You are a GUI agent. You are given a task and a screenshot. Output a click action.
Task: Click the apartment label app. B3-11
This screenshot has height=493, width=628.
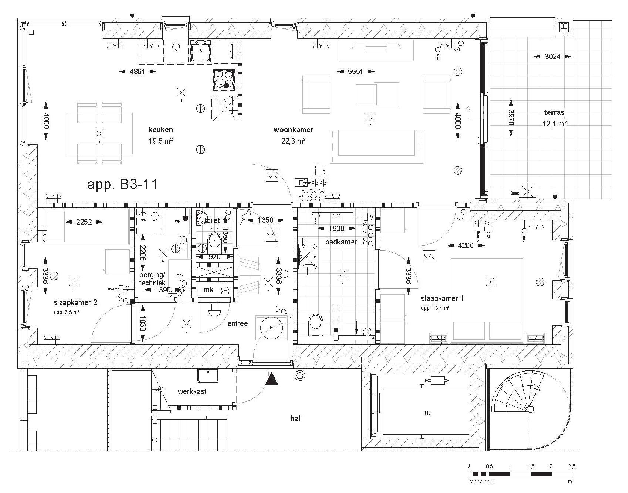point(122,184)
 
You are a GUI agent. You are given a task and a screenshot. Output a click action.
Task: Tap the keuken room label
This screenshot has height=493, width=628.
point(160,130)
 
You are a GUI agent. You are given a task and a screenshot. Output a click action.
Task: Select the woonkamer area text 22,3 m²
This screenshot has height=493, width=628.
point(293,141)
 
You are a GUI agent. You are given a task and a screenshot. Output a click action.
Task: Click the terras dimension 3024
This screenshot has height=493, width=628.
point(552,57)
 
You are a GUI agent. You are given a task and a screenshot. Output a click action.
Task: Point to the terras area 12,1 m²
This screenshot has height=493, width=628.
point(554,124)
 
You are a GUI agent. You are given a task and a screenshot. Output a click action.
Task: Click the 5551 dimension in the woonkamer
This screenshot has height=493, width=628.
point(355,72)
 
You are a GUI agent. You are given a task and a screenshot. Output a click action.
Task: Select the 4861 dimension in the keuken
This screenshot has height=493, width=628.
point(137,72)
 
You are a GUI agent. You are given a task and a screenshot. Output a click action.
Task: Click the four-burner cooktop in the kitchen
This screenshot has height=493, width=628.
point(224,80)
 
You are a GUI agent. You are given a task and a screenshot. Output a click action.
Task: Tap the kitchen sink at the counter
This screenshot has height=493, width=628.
point(201,50)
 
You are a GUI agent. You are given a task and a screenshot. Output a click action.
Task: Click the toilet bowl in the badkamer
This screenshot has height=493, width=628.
point(315,322)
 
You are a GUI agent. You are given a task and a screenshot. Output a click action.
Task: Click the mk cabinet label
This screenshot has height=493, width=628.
point(208,290)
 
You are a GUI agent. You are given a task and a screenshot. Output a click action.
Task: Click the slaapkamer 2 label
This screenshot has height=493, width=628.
point(75,302)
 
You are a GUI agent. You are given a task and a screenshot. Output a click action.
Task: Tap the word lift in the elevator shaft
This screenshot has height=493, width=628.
point(427,413)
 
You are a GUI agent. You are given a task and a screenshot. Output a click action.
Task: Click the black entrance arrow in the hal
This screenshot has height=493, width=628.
point(272,379)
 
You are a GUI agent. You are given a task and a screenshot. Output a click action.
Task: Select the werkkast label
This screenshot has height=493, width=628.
point(192,391)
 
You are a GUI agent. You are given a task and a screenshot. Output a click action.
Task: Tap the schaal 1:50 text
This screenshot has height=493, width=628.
point(482,482)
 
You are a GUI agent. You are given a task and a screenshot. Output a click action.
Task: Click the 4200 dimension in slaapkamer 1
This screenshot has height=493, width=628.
point(465,245)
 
